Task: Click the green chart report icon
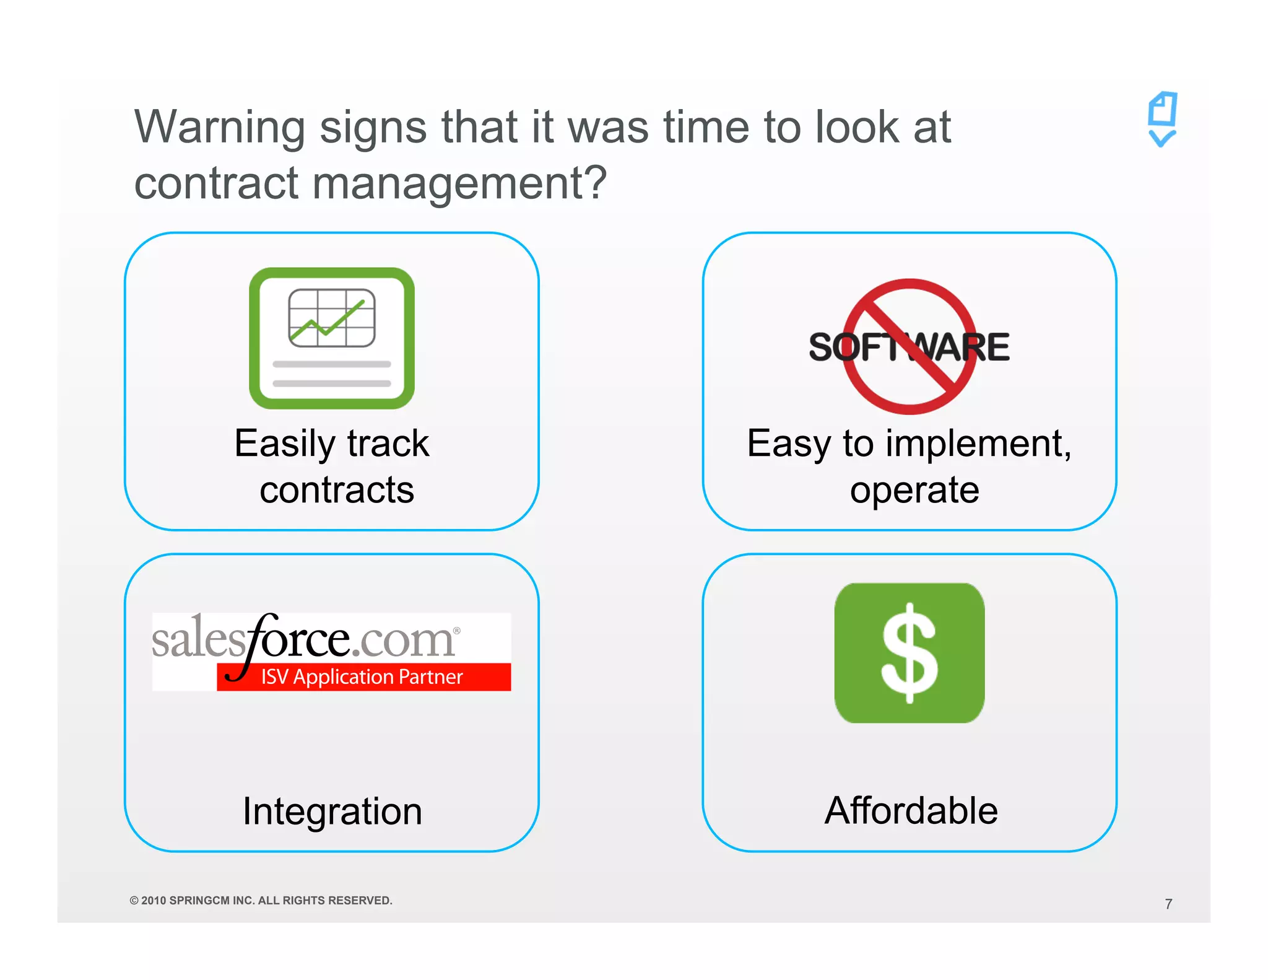[332, 338]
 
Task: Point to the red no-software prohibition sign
[909, 346]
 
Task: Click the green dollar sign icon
[909, 653]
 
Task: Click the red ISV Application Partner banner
[363, 677]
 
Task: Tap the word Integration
[332, 812]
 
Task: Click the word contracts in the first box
[336, 491]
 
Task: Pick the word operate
[914, 491]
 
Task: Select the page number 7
[1168, 904]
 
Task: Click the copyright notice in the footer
[261, 901]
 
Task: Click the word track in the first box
[388, 444]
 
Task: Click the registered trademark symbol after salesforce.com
[457, 631]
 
